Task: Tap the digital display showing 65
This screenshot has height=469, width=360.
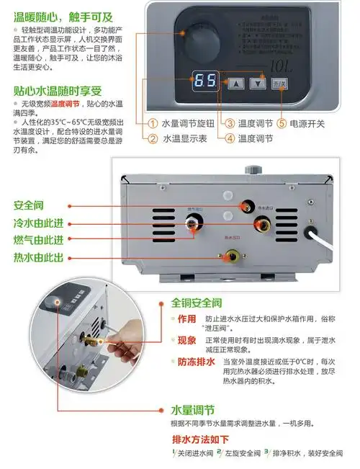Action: coord(207,82)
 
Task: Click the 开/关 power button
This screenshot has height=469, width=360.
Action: coord(279,83)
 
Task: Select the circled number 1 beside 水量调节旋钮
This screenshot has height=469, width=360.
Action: coord(153,123)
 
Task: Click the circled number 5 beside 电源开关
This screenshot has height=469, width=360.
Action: coord(282,123)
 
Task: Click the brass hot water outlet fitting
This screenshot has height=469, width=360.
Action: coord(231,254)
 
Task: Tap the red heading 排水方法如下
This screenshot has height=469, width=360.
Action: coord(200,439)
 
